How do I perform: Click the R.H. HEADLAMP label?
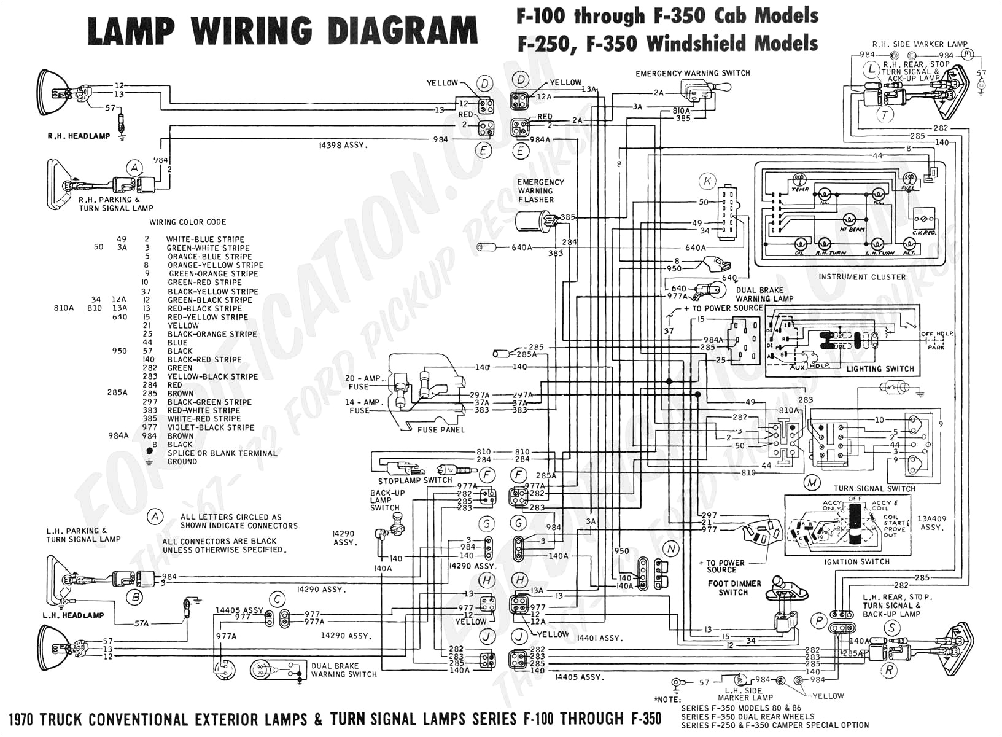click(79, 136)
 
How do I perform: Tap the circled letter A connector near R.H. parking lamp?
click(134, 168)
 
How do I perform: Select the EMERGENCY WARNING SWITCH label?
click(693, 73)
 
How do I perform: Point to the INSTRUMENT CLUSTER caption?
click(861, 277)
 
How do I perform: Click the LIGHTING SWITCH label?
click(880, 369)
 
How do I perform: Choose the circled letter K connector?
click(708, 181)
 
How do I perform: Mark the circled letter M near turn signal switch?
click(812, 483)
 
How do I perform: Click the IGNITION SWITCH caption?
click(856, 562)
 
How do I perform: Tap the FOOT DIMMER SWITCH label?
click(734, 588)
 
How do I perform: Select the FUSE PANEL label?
click(441, 430)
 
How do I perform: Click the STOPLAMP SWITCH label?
click(415, 480)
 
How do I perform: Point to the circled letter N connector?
click(671, 548)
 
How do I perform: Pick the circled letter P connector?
click(819, 620)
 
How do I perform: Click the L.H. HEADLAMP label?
click(73, 615)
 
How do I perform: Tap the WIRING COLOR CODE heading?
click(188, 222)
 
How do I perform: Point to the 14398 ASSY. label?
click(343, 146)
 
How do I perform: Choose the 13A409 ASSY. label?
click(931, 523)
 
